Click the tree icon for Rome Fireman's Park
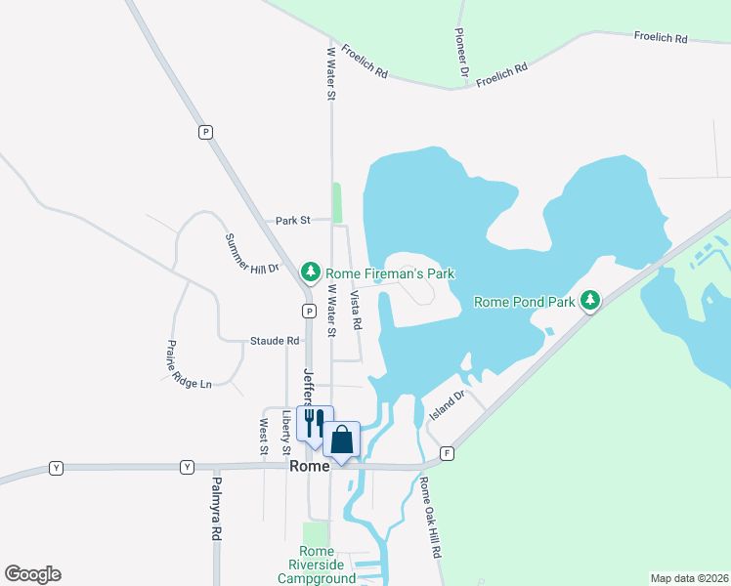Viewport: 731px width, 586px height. (x=311, y=271)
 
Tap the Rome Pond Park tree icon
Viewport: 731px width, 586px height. (x=590, y=301)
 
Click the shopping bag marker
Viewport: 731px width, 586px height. (x=342, y=439)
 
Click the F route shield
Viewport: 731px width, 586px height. (x=448, y=454)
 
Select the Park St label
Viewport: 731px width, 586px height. (x=292, y=221)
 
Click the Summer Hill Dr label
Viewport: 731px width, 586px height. (x=252, y=253)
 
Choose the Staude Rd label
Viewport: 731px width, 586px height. (x=275, y=341)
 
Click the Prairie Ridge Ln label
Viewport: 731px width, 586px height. (x=188, y=364)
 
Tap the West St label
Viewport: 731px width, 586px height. (x=264, y=437)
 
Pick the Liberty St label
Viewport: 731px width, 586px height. (x=286, y=432)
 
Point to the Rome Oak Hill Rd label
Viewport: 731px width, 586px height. (x=430, y=517)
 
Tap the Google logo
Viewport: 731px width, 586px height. (x=32, y=574)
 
